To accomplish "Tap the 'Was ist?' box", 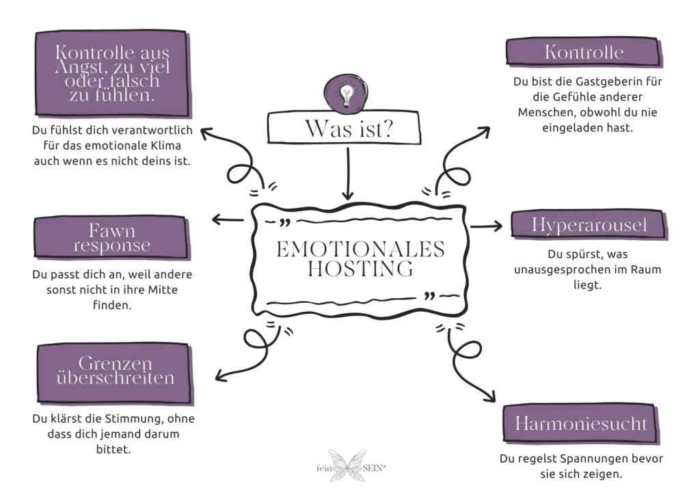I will (349, 128).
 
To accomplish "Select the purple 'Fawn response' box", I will (111, 237).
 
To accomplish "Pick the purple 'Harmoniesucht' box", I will (580, 423).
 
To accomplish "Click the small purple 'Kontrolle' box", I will (583, 52).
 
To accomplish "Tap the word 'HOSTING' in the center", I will (360, 269).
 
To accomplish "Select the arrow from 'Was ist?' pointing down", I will (348, 174).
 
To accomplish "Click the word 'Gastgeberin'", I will (597, 81).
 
